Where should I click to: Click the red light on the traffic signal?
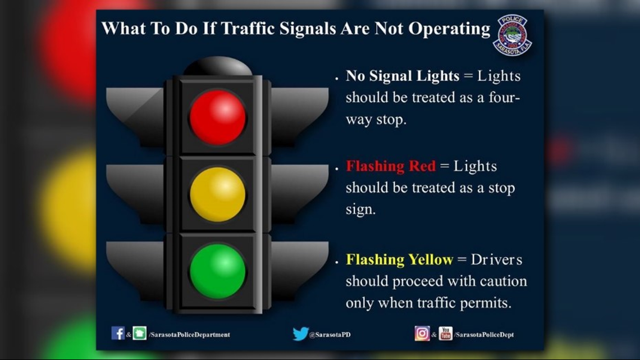coord(218,117)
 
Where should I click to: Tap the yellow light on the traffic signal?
coord(218,195)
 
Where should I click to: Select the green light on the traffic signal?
coord(218,271)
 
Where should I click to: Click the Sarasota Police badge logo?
coord(512,35)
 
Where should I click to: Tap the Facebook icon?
coord(117,333)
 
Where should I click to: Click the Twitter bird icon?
coord(300,334)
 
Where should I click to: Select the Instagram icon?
coord(422,334)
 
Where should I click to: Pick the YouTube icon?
coord(445,334)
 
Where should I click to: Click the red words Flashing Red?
coord(391,166)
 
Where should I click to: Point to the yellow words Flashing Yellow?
coord(399,259)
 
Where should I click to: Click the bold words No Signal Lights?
coord(403,76)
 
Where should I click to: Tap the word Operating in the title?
coord(449,29)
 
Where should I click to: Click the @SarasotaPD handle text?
coord(330,335)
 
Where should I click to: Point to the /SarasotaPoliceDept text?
coord(484,335)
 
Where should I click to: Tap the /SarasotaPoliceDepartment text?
coord(189,335)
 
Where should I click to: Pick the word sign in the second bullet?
coord(360,210)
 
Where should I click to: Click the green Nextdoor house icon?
coord(139,333)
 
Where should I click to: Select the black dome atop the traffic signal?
coord(218,66)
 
